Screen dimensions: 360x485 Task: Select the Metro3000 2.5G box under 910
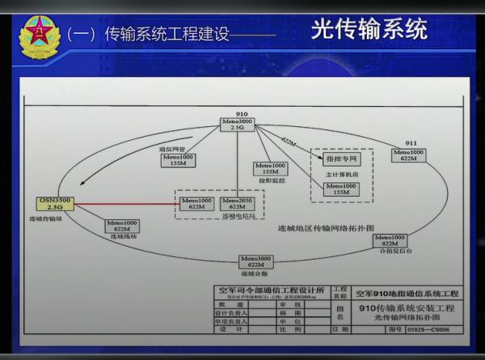tap(237, 124)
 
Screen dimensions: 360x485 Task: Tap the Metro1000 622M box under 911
tap(408, 155)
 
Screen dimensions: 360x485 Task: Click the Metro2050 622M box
tap(237, 203)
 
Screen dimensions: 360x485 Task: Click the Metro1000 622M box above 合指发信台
tap(388, 239)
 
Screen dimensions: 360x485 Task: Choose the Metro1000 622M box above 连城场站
tap(121, 226)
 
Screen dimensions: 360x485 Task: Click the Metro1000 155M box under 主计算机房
tap(340, 188)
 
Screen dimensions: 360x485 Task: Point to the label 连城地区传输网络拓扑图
tap(326, 228)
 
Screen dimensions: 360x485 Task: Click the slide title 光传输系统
tap(369, 30)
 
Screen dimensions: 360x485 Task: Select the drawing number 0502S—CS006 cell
tap(429, 329)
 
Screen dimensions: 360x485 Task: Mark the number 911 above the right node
tap(411, 142)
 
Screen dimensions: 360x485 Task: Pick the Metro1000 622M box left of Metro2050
tap(196, 203)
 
